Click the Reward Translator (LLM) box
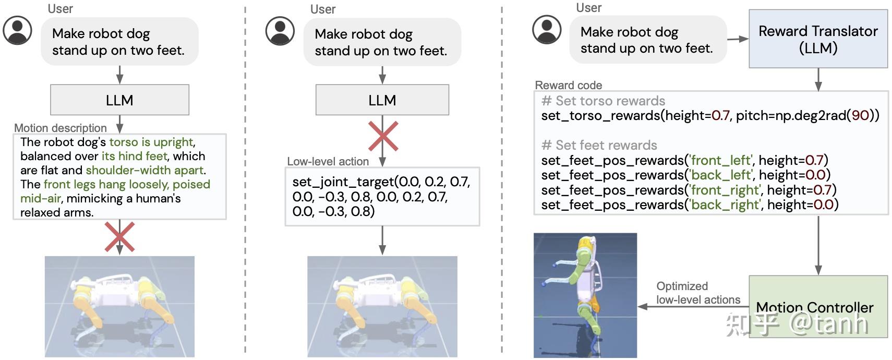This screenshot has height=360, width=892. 818,39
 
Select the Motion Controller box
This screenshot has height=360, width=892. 818,306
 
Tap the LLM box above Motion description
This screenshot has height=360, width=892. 119,100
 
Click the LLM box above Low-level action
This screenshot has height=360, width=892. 382,100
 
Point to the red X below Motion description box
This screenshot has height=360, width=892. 119,236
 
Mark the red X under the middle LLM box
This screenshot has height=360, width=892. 383,136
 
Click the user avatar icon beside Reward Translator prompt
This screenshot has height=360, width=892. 547,30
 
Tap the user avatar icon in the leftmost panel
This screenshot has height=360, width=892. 18,30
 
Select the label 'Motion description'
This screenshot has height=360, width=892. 61,128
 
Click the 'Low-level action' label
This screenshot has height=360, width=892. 328,161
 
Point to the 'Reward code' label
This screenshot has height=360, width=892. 569,85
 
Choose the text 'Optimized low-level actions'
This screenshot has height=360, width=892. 697,293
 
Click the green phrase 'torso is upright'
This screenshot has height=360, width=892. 151,142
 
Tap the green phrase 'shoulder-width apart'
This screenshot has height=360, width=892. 144,170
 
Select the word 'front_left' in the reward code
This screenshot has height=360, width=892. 721,160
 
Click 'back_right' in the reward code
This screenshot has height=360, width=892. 725,205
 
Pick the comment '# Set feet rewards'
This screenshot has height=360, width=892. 599,145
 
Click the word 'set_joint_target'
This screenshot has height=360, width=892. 343,182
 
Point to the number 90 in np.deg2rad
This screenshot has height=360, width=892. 860,115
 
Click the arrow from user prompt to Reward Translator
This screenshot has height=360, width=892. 738,39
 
